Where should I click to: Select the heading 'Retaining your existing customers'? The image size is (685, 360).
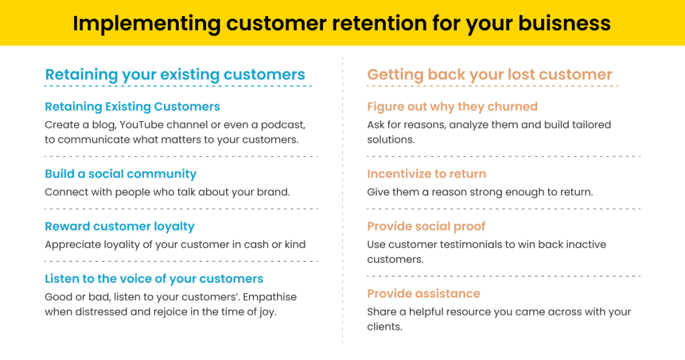pos(175,75)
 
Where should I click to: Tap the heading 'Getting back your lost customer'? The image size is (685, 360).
pos(490,75)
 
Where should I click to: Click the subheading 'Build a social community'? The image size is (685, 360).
pos(120,174)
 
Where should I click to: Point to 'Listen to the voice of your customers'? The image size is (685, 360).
pos(154,279)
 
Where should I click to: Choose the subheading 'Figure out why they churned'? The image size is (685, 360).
pos(452,106)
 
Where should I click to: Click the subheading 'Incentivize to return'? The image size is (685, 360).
pos(426,174)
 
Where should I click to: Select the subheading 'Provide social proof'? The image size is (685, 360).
pos(426,226)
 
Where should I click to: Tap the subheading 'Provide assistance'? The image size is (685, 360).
pos(423,294)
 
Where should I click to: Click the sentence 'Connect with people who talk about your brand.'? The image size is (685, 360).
pos(167,192)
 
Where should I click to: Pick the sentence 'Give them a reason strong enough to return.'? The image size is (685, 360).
pos(480,192)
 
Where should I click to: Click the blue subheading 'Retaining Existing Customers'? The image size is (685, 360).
pos(132,106)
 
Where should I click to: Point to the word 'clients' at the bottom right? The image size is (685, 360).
pos(383,327)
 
